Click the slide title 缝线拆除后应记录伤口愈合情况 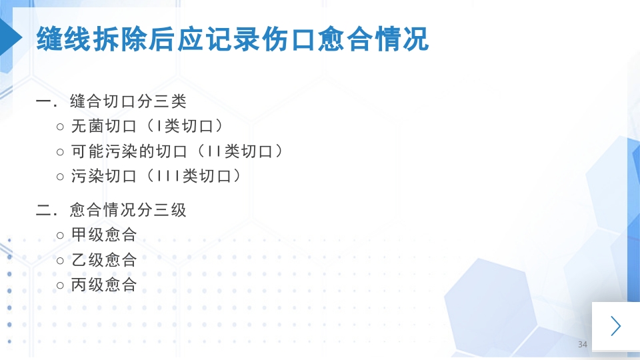coord(232,39)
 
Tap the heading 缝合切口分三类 coord(127,102)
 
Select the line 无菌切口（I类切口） coord(147,126)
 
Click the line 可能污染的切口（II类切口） coord(177,151)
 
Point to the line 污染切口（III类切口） coord(155,177)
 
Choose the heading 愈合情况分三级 coord(127,210)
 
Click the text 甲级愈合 coord(103,235)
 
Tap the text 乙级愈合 coord(103,260)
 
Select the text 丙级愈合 coord(103,285)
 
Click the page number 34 coord(583,345)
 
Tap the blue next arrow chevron coord(615,326)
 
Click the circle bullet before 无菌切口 coord(61,127)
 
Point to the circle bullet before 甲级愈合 coord(61,235)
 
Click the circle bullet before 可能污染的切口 coord(61,152)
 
